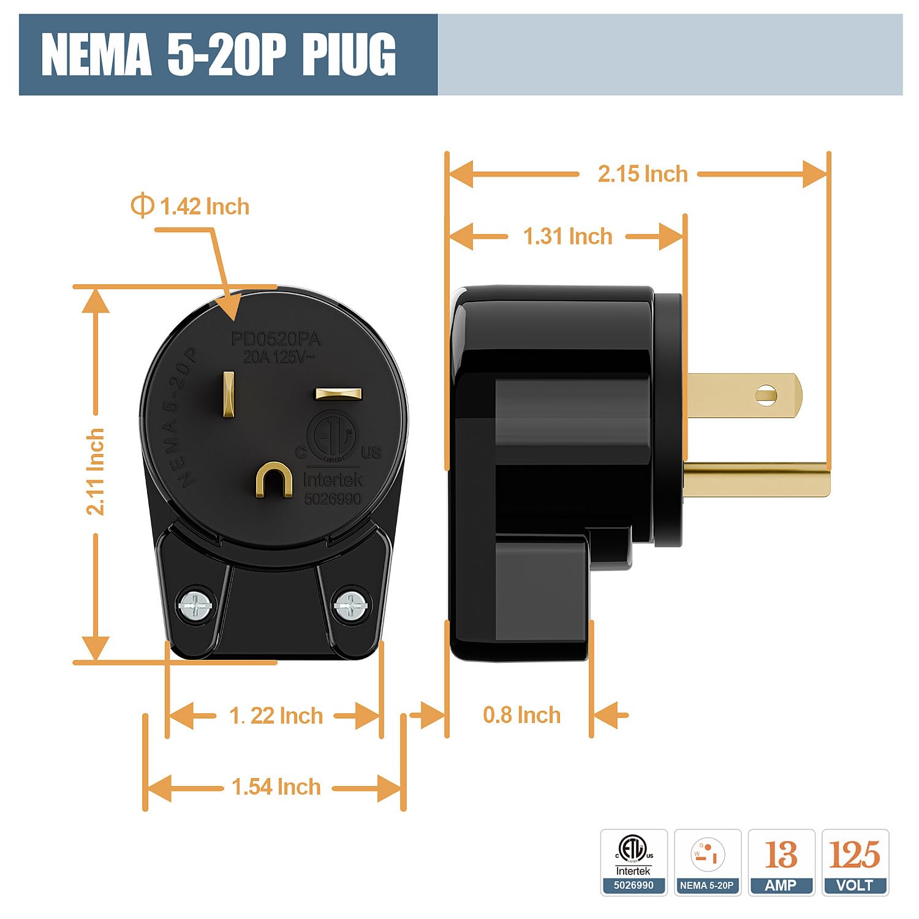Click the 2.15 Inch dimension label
click(643, 174)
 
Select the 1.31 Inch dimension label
click(567, 236)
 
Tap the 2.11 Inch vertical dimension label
click(95, 472)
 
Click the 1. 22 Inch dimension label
click(276, 716)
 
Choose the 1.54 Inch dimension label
click(276, 787)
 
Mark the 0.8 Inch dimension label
click(521, 715)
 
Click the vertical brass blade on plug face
click(229, 395)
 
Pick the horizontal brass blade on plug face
click(338, 393)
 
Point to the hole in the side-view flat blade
click(766, 395)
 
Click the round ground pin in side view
click(757, 480)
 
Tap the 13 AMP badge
click(781, 862)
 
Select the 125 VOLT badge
click(855, 862)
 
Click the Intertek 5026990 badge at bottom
click(633, 862)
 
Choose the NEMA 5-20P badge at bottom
click(707, 862)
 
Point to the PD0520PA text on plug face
click(276, 339)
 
